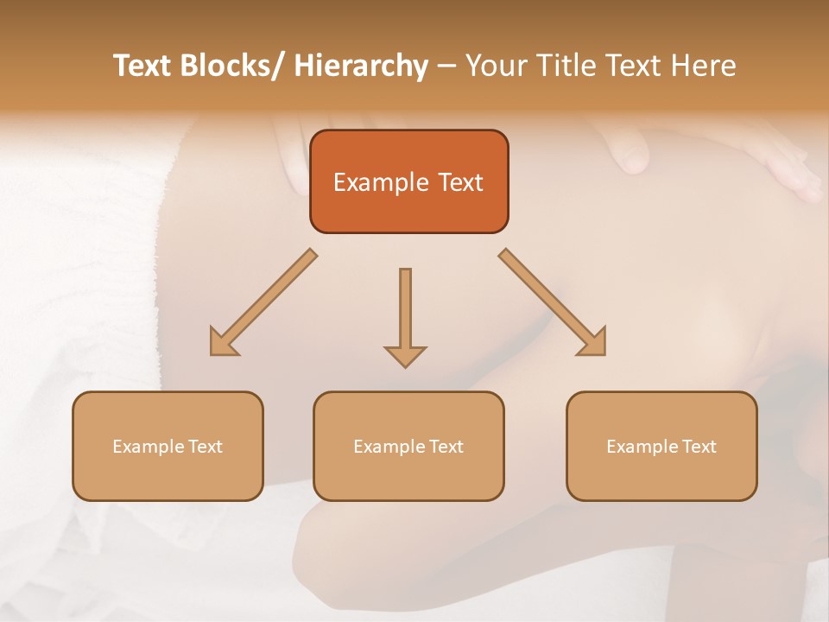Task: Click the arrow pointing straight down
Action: [405, 315]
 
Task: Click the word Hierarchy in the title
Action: [361, 66]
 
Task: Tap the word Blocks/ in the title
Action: [235, 66]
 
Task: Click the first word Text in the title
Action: [144, 66]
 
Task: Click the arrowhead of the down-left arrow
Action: [222, 342]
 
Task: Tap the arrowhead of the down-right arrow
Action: [592, 342]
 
